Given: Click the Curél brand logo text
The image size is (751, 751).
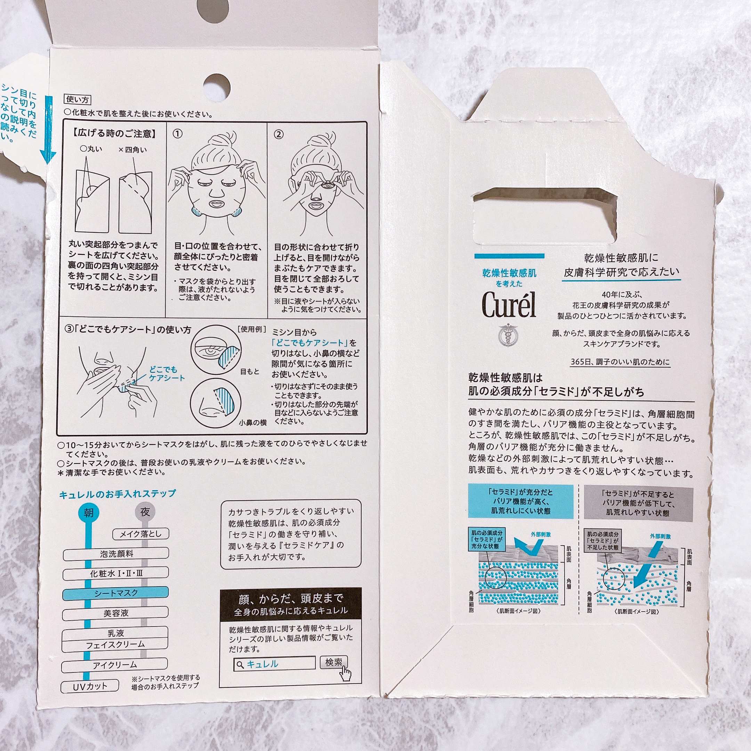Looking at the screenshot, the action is (509, 305).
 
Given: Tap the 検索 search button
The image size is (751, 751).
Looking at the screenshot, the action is (333, 662).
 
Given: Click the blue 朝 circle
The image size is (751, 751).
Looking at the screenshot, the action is (89, 512).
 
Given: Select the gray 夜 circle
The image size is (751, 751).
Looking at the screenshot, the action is (145, 511).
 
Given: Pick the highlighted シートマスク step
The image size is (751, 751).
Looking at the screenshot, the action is (115, 593).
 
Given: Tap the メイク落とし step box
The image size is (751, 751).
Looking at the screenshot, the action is (140, 534).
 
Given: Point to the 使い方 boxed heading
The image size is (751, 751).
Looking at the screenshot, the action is (77, 99).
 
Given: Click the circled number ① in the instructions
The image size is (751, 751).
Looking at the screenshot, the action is (177, 134).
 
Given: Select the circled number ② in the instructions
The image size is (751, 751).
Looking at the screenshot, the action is (279, 135).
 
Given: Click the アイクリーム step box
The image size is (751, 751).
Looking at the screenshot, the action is (115, 665).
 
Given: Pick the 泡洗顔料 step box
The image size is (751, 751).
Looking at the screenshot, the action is (116, 554).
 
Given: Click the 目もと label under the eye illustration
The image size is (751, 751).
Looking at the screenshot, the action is (250, 372).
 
